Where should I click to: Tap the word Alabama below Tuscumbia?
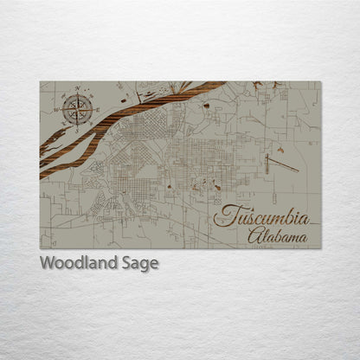[276, 236]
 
